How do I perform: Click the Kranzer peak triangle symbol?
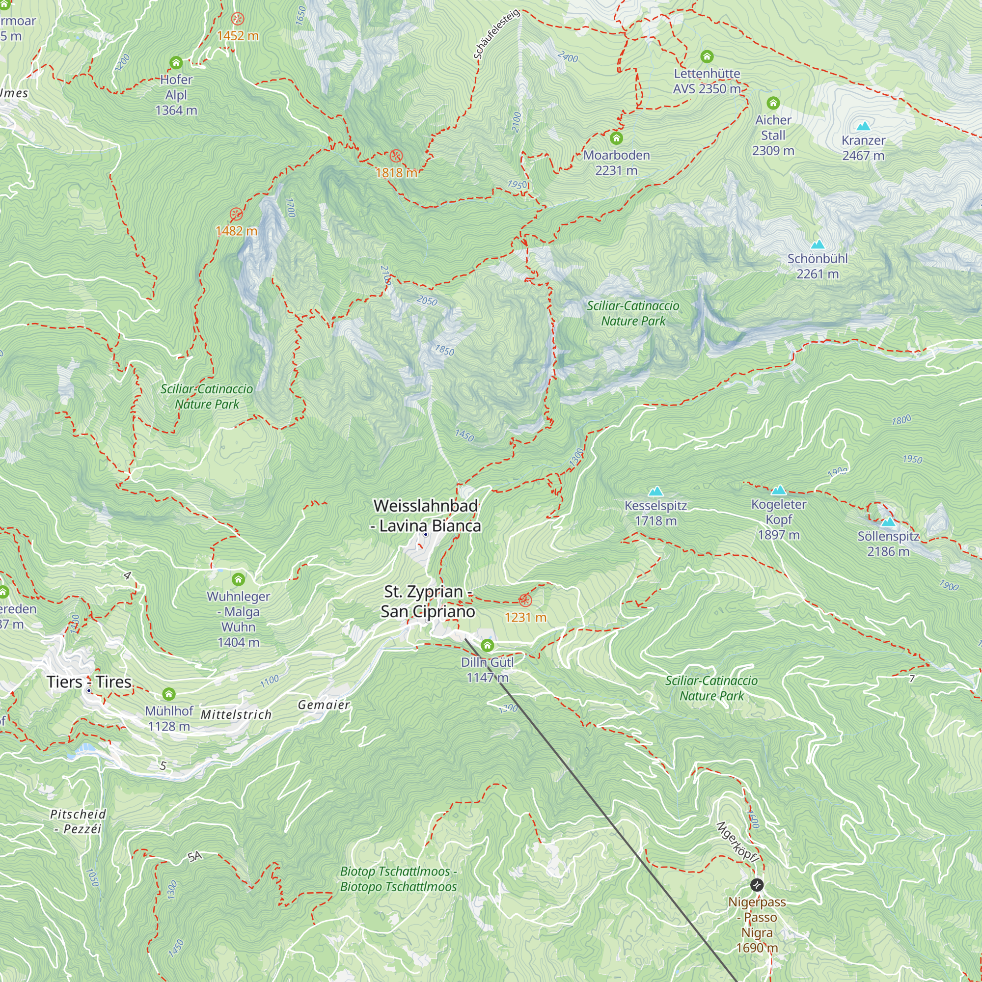pos(863,126)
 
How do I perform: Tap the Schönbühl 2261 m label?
pos(818,266)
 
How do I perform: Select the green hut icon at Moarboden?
pos(616,138)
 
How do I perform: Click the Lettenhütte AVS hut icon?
pos(707,56)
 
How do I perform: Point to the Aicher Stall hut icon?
pos(772,103)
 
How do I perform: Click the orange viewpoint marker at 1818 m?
pos(396,156)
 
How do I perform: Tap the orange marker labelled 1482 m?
pos(236,214)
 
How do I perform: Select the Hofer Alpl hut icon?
pos(176,62)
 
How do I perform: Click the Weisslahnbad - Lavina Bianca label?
pos(426,516)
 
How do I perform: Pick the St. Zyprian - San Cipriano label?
pos(428,601)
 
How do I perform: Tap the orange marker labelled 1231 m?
pos(525,600)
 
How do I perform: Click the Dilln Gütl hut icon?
pos(487,646)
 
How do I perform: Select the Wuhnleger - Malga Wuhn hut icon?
pos(238,579)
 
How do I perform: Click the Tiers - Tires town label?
pos(89,682)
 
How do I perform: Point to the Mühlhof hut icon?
pos(169,694)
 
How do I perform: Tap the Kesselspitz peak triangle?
pos(655,491)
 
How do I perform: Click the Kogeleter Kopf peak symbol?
pos(778,490)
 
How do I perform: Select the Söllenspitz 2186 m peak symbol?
pos(887,521)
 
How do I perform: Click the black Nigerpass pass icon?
pos(756,885)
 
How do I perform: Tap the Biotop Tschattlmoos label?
pos(398,879)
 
